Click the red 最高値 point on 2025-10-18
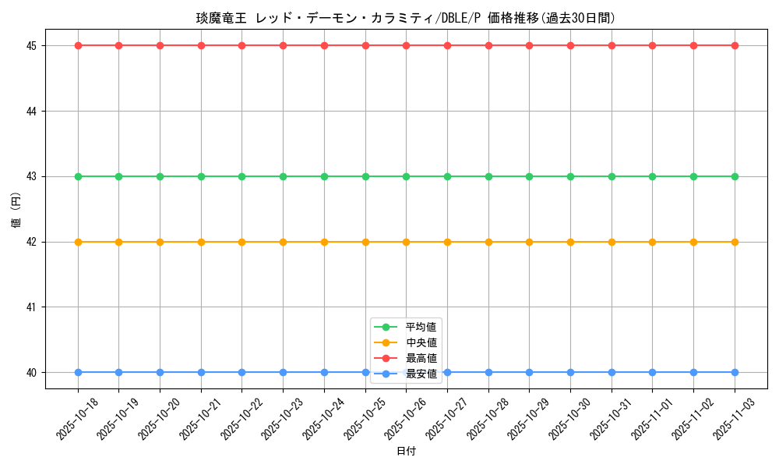coord(78,45)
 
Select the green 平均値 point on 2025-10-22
coord(242,176)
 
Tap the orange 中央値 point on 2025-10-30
coord(570,242)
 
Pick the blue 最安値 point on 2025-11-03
coord(735,372)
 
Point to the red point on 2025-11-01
coord(652,45)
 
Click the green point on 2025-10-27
coord(447,176)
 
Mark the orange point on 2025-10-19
coord(118,242)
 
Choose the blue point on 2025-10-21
coord(201,372)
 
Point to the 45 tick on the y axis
coord(32,45)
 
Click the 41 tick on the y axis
coord(32,307)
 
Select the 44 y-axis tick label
coord(32,111)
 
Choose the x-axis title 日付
coord(406,452)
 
